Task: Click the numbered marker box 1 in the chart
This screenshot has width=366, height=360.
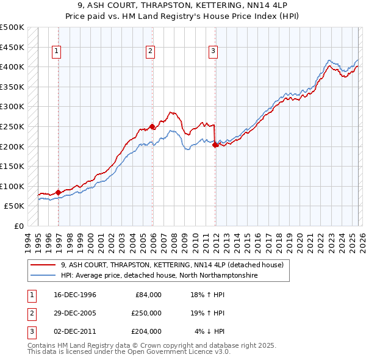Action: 56,52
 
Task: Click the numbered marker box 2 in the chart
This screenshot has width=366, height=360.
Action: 149,52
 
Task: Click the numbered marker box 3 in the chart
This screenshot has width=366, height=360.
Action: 213,52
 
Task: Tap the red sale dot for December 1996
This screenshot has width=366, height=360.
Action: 58,192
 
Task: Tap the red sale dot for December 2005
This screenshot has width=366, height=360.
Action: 152,126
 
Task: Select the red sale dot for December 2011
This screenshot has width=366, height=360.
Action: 215,145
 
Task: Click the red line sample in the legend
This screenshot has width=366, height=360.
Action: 43,265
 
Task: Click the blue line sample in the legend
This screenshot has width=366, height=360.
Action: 43,276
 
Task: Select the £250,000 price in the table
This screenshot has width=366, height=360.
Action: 146,313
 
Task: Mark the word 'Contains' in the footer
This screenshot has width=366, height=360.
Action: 43,345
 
